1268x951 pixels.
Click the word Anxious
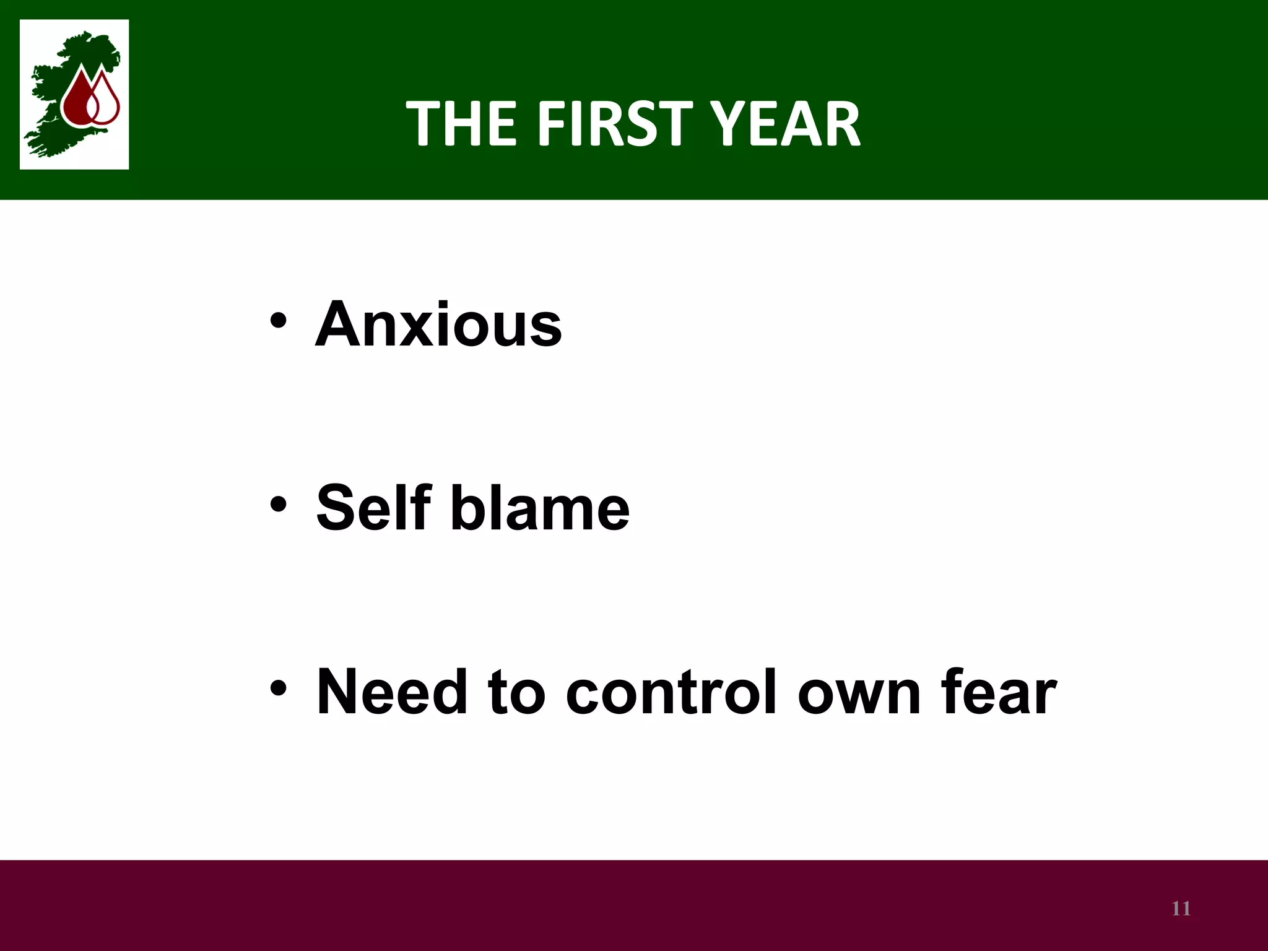click(438, 325)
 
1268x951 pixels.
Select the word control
click(672, 692)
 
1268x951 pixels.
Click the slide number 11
click(1181, 909)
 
